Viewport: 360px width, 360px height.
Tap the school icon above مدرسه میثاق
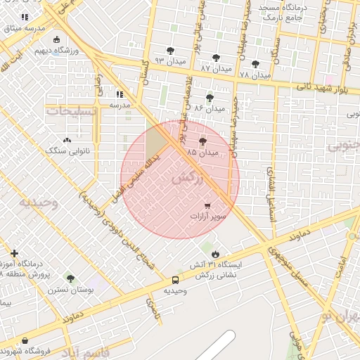tap(25, 16)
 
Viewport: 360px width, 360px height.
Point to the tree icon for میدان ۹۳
tap(171, 51)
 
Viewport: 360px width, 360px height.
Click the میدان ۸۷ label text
tap(215, 69)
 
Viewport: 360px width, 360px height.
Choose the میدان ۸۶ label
tap(210, 109)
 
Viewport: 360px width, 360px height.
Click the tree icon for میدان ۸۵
tap(203, 141)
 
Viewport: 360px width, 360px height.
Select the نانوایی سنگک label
tap(65, 150)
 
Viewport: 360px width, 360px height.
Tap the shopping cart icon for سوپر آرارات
tap(207, 205)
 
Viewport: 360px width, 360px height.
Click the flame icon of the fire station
tap(215, 253)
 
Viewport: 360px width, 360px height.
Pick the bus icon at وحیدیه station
tap(175, 280)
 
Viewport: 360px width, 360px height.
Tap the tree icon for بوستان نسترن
tap(70, 278)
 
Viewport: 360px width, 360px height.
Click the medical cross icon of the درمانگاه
tap(15, 253)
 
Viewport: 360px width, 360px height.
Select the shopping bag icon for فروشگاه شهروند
tap(26, 341)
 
